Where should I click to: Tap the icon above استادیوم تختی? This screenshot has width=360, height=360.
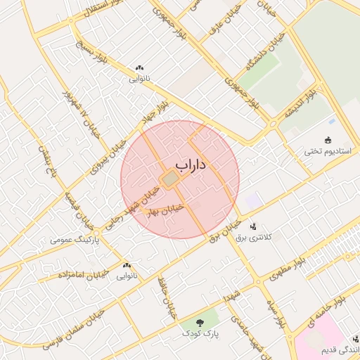click(327, 140)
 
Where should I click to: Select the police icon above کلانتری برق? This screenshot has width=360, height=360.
click(252, 226)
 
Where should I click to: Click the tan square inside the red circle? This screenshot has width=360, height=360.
click(170, 180)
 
